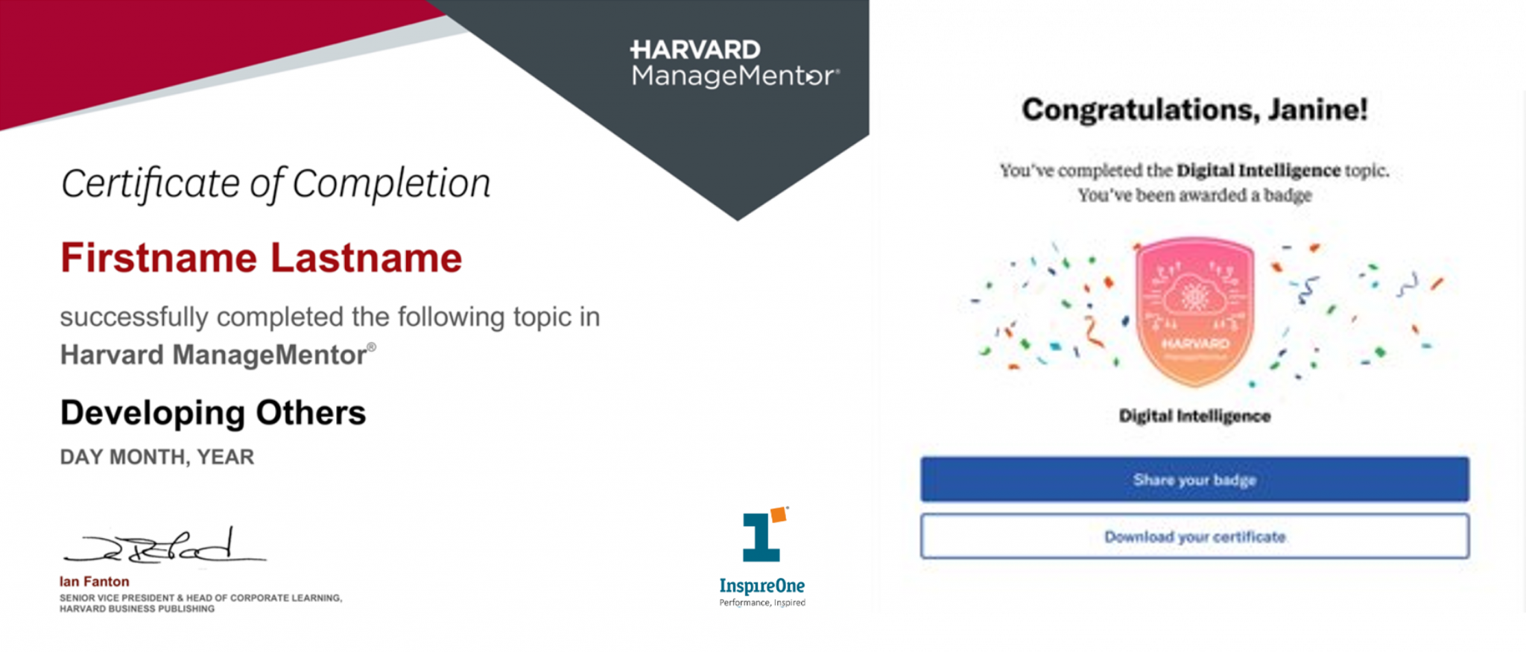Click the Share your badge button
point(1194,479)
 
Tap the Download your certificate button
point(1194,536)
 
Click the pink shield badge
point(1194,311)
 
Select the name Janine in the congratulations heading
point(1317,110)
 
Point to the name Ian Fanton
point(95,581)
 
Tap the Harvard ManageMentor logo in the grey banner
point(735,63)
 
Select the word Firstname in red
point(159,258)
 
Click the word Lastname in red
point(366,258)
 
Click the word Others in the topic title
point(311,413)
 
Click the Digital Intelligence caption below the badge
point(1194,416)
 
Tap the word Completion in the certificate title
point(392,183)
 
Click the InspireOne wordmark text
point(762,586)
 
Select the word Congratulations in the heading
point(1141,110)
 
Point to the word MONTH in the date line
point(149,457)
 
